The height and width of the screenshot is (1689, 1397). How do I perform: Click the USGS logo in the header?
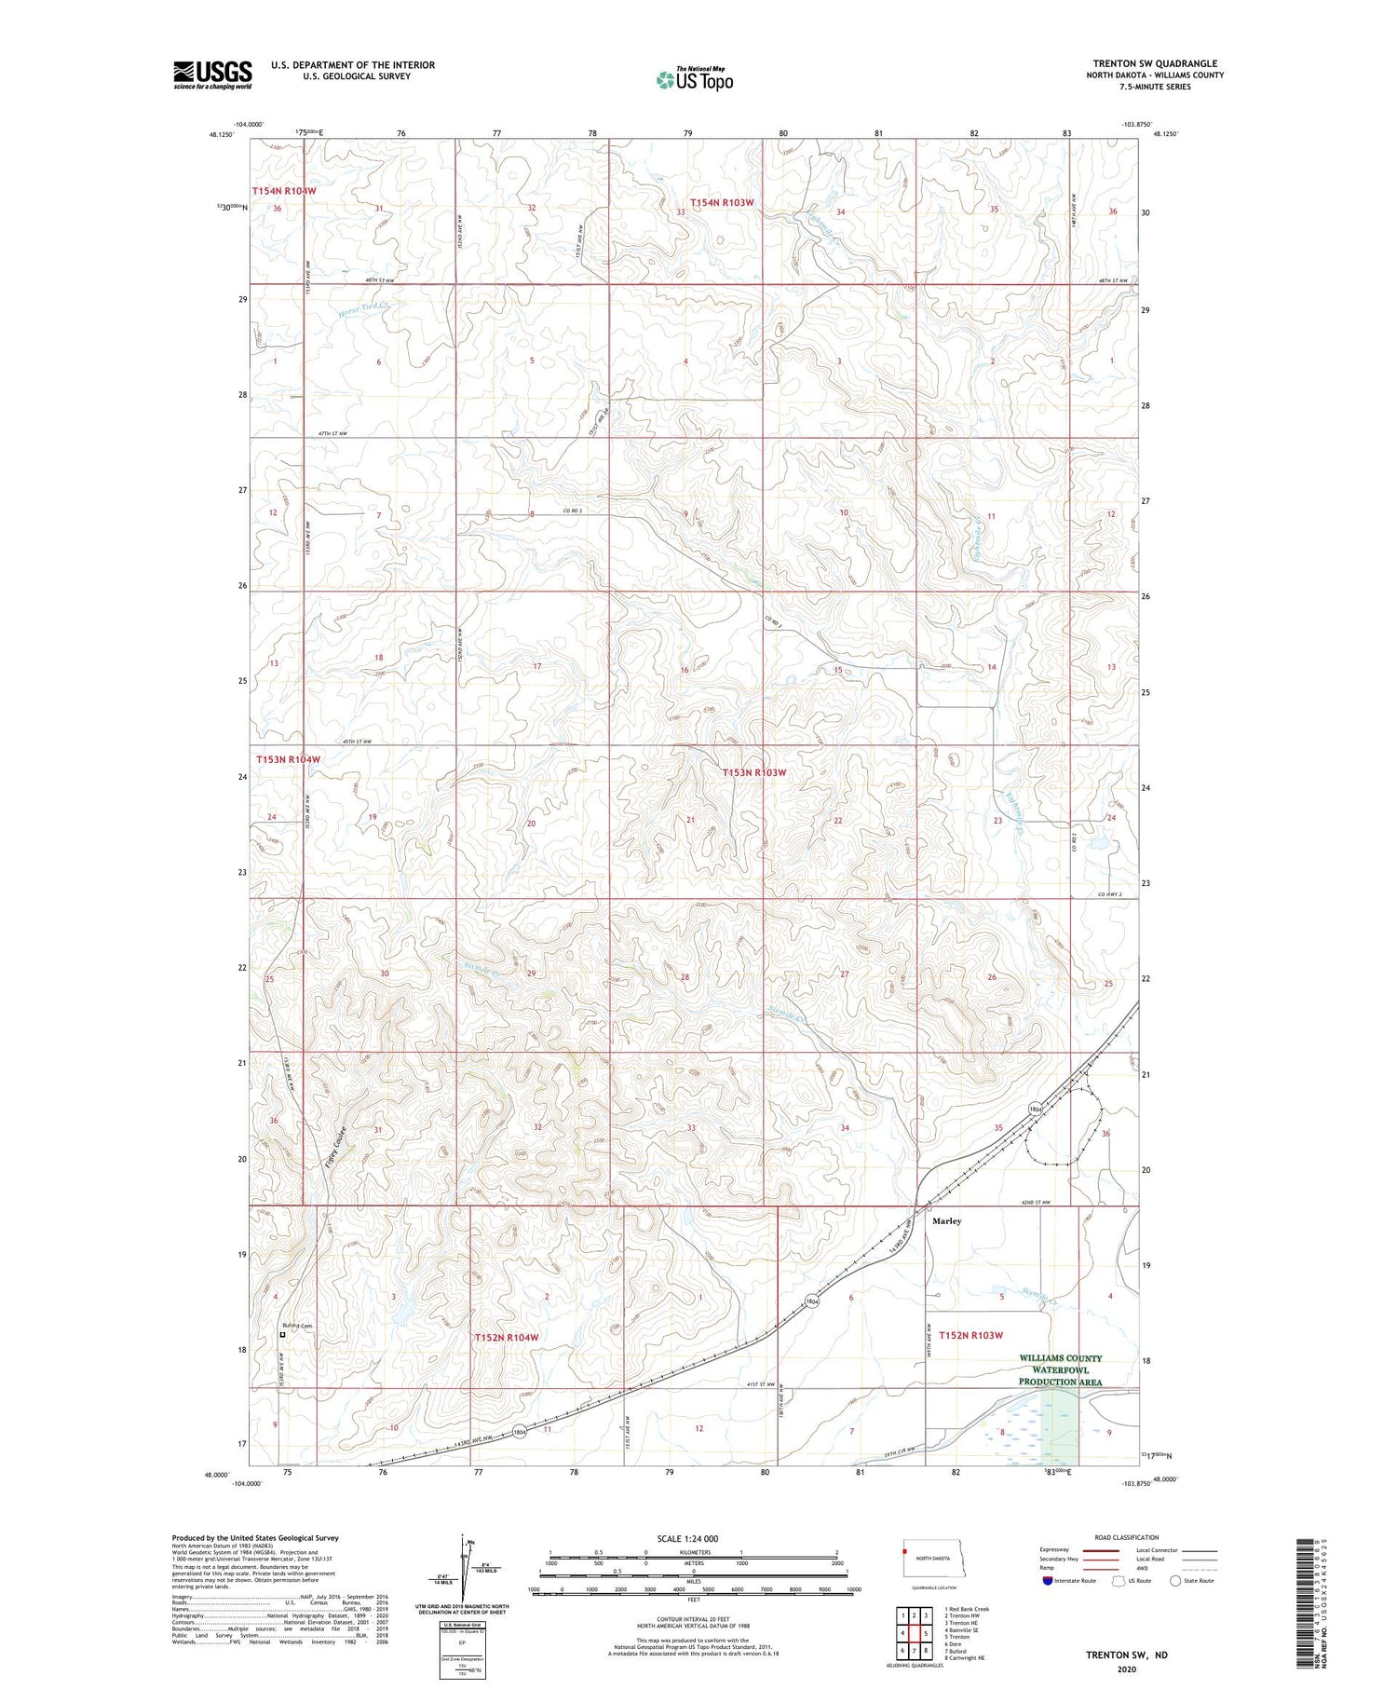(x=212, y=75)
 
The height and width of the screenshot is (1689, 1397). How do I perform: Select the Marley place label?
(x=946, y=1220)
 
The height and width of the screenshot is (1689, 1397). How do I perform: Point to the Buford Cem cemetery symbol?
(x=282, y=1334)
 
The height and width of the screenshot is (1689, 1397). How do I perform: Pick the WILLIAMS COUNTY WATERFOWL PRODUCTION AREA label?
(x=1060, y=1369)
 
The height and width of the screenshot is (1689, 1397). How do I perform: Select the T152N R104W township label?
(x=506, y=1337)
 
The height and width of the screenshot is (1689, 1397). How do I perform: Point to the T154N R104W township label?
(x=284, y=191)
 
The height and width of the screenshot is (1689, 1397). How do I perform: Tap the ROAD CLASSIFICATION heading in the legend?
(x=1127, y=1537)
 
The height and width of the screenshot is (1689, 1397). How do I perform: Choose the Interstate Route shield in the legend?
(x=1048, y=1581)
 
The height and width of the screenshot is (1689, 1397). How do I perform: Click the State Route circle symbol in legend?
(x=1175, y=1581)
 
